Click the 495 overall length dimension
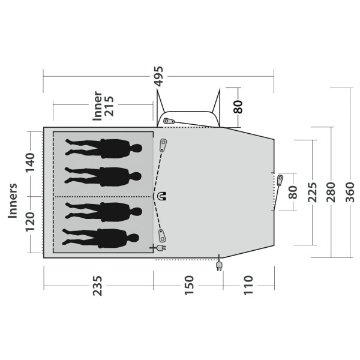(159, 76)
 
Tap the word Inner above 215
(97, 106)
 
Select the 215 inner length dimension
(109, 106)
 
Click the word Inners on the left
(13, 200)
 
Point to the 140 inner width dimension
(30, 163)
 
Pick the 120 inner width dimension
(30, 222)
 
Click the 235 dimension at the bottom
(97, 286)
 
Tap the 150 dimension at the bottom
(189, 285)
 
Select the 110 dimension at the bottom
(248, 285)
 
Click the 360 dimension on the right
(350, 192)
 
